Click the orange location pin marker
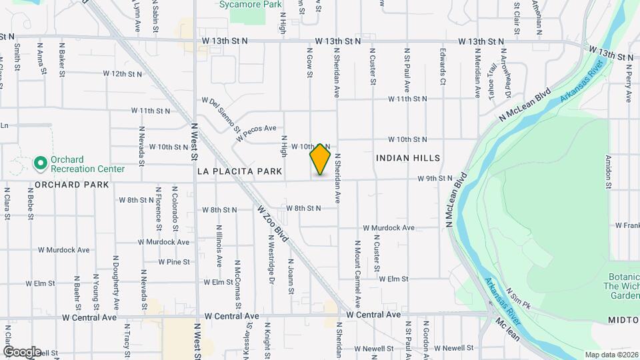(x=321, y=159)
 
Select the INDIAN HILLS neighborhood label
(x=408, y=158)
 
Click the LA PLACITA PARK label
(x=240, y=171)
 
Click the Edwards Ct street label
(x=443, y=66)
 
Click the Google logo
(x=22, y=351)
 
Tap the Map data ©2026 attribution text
(x=611, y=355)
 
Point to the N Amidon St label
(x=608, y=171)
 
